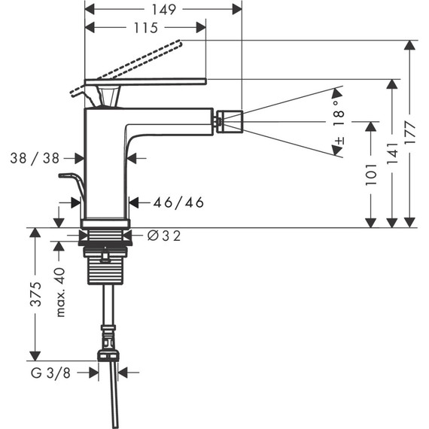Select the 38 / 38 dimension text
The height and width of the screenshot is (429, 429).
[37, 158]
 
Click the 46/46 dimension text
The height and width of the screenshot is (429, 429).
[178, 202]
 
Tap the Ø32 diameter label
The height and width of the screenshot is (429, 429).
[163, 236]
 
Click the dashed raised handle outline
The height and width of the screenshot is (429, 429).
[128, 65]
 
